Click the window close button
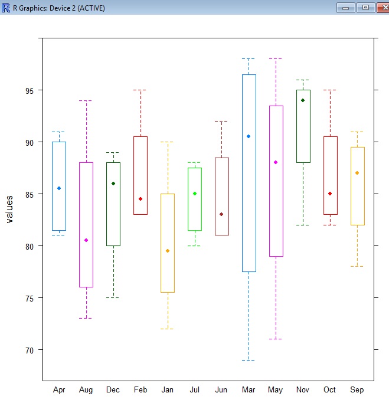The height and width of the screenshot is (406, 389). pyautogui.click(x=379, y=7)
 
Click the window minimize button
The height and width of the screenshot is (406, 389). pyautogui.click(x=345, y=7)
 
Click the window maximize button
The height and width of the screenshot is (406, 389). pyautogui.click(x=361, y=7)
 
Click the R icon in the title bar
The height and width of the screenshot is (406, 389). pyautogui.click(x=6, y=7)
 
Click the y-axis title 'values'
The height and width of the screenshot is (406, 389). pyautogui.click(x=9, y=209)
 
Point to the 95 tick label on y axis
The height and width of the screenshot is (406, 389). pyautogui.click(x=29, y=90)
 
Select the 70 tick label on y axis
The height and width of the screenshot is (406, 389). pyautogui.click(x=29, y=350)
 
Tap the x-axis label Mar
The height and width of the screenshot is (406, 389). pyautogui.click(x=249, y=390)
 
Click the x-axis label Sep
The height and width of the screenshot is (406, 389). pyautogui.click(x=357, y=390)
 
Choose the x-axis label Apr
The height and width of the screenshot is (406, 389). pyautogui.click(x=59, y=390)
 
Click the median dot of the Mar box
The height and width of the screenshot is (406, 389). pyautogui.click(x=249, y=136)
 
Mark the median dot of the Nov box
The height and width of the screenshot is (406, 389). pyautogui.click(x=303, y=100)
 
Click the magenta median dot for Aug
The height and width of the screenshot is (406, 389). pyautogui.click(x=86, y=240)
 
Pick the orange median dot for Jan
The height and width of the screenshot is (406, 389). pyautogui.click(x=168, y=251)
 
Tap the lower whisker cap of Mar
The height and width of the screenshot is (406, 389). pyautogui.click(x=249, y=360)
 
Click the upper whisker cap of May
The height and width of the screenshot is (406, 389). pyautogui.click(x=276, y=59)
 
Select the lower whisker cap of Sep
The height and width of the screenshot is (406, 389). pyautogui.click(x=357, y=267)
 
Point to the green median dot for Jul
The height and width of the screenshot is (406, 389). pyautogui.click(x=195, y=194)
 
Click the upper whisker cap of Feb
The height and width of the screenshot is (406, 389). pyautogui.click(x=140, y=90)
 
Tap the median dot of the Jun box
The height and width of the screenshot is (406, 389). pyautogui.click(x=221, y=214)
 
